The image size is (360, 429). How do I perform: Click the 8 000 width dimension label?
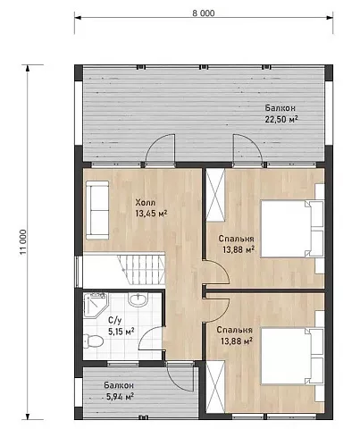point(204,13)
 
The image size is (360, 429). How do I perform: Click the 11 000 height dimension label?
point(23,242)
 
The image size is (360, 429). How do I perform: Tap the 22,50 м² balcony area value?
point(281,119)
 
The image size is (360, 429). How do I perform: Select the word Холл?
point(146,203)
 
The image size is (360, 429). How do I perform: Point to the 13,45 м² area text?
point(151,214)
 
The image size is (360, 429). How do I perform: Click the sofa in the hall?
point(97,210)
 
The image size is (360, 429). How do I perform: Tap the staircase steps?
point(141,269)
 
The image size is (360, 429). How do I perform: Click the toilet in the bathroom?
point(93,341)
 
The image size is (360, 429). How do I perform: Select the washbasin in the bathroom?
point(138,299)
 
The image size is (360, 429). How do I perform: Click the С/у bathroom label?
point(114,321)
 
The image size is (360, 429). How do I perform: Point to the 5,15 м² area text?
point(121,332)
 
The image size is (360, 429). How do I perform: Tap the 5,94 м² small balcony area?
point(120,397)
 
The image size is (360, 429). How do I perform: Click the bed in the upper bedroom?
point(293,229)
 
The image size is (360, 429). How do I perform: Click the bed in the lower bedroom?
point(293,356)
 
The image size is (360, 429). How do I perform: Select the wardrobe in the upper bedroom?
point(215,195)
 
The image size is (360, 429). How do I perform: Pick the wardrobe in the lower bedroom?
point(215,387)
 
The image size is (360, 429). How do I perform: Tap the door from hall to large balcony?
point(160,148)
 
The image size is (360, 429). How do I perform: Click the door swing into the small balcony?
point(180,378)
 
